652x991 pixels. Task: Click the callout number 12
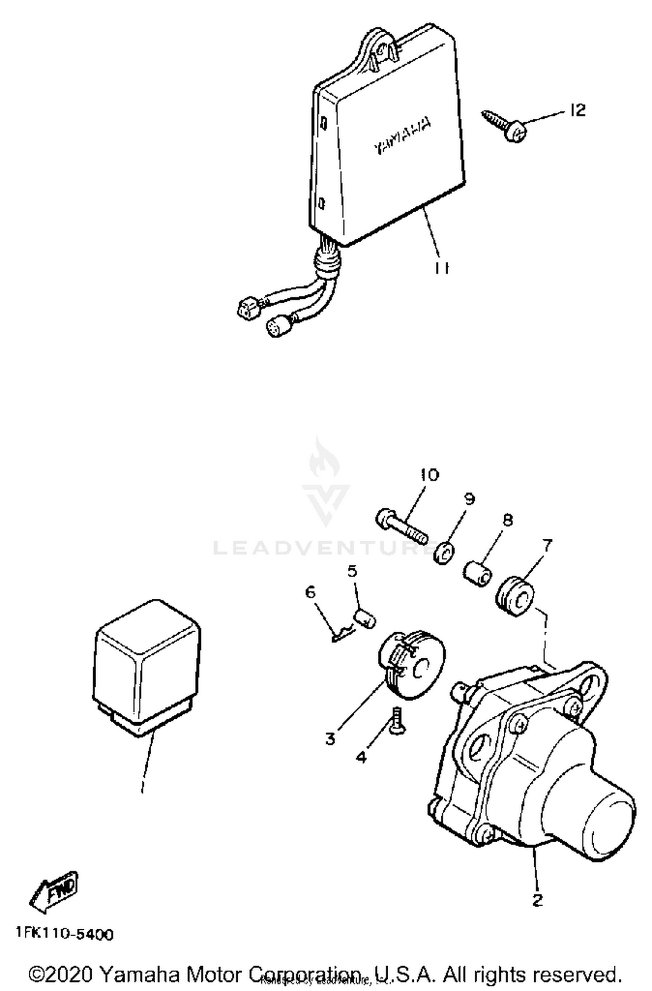click(578, 110)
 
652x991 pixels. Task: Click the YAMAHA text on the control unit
click(403, 136)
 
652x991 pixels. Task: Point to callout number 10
click(429, 474)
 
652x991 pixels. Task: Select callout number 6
click(310, 592)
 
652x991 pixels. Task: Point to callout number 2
click(538, 900)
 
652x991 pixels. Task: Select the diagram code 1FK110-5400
click(65, 934)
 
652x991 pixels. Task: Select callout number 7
click(547, 544)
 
